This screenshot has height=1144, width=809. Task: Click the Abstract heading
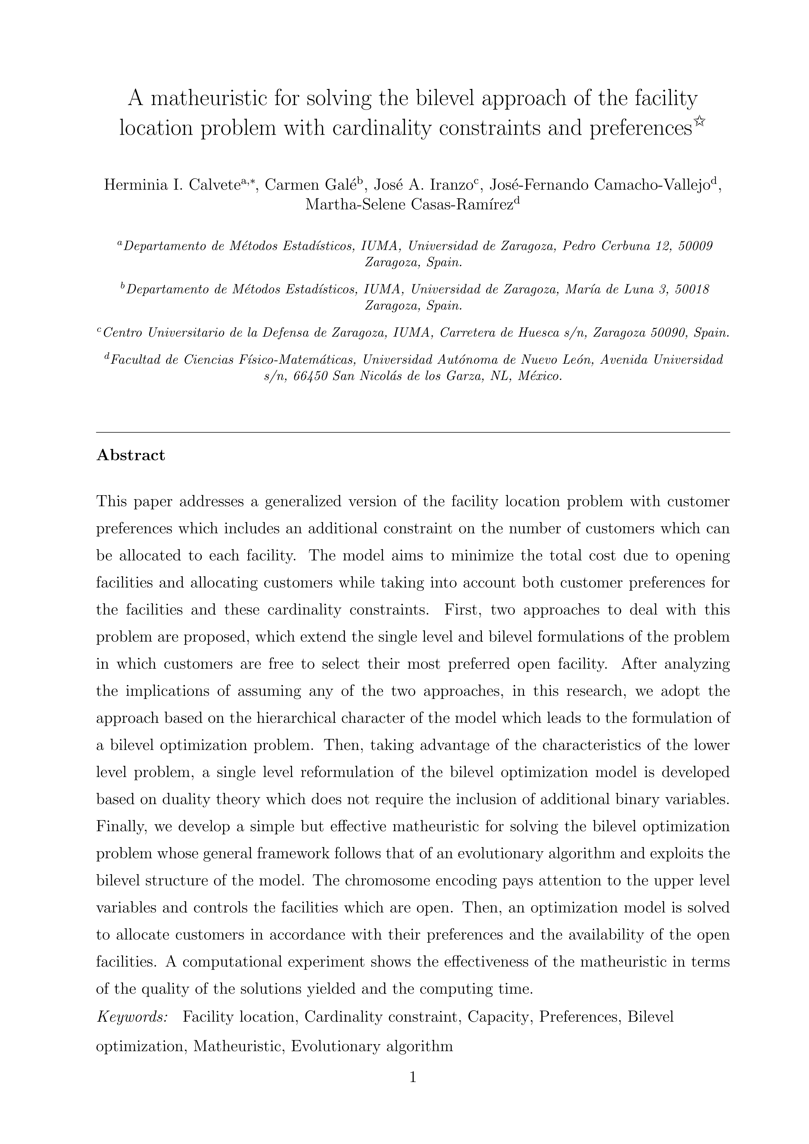coord(130,455)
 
